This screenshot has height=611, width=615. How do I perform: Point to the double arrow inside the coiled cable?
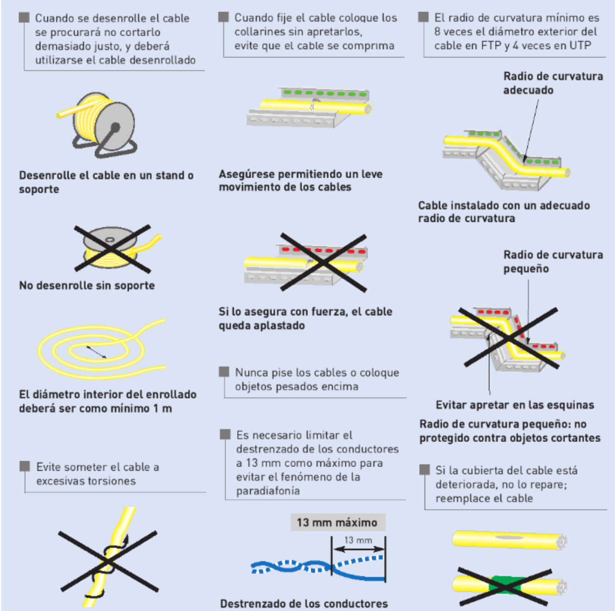point(96,352)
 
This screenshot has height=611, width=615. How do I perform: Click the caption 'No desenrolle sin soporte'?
point(87,285)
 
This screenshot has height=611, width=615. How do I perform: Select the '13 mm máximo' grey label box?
point(337,523)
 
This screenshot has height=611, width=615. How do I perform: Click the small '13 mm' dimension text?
point(358,540)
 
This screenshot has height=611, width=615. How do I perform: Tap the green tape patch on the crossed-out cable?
point(506,586)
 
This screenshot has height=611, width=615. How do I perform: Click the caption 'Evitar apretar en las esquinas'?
point(515,405)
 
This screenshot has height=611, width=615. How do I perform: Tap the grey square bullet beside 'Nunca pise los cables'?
point(224,372)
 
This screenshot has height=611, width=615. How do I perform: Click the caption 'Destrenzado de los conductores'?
point(304,604)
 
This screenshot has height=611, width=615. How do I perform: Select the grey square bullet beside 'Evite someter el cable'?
point(25,466)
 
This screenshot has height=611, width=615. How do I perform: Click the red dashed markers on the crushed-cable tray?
point(324,251)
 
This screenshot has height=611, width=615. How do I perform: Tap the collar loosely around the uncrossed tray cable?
point(315,106)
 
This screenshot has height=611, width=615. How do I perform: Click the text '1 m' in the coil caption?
point(163,409)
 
